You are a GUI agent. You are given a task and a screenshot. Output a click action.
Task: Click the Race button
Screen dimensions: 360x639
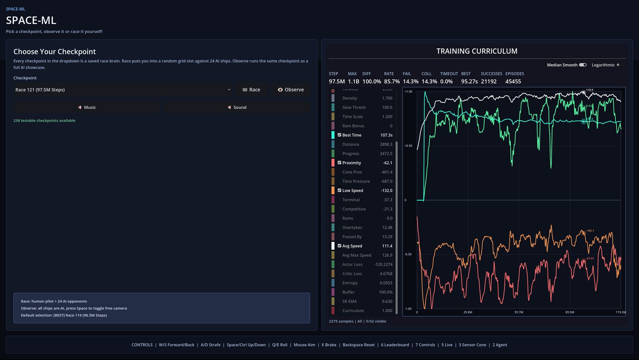[251, 90]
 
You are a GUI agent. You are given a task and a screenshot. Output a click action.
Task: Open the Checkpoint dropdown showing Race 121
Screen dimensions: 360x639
[123, 90]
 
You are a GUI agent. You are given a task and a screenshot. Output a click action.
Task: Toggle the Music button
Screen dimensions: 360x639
[87, 107]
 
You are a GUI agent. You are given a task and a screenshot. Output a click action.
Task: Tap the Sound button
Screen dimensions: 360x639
[237, 107]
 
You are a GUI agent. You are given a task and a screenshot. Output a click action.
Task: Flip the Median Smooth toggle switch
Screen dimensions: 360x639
[583, 65]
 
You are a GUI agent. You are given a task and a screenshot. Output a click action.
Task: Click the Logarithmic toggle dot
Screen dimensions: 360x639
[618, 65]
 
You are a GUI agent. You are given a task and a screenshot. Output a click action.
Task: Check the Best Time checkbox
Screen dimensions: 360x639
[339, 135]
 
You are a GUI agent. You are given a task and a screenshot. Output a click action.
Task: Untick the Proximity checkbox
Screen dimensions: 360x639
[339, 163]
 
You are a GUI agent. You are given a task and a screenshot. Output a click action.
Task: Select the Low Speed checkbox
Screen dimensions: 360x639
[339, 191]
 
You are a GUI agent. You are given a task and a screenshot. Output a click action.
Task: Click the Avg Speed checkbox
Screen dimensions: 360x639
[339, 246]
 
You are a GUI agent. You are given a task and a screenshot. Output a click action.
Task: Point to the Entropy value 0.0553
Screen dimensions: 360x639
[386, 283]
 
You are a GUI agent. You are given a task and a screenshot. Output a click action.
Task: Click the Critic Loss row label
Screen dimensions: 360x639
[352, 274]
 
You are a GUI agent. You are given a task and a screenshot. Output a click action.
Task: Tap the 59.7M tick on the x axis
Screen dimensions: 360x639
[518, 312]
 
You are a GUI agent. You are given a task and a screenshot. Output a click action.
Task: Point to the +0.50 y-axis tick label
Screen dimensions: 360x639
[408, 146]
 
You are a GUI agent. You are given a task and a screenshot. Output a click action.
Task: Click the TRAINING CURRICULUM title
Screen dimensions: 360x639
[476, 51]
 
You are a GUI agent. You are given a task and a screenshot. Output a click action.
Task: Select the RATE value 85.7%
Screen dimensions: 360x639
[391, 82]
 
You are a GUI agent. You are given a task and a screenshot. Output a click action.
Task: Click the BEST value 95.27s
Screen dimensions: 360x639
[469, 82]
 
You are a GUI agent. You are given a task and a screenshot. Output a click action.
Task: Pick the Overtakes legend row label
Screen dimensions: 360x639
[352, 228]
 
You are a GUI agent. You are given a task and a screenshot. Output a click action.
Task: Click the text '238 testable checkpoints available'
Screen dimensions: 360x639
[44, 121]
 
